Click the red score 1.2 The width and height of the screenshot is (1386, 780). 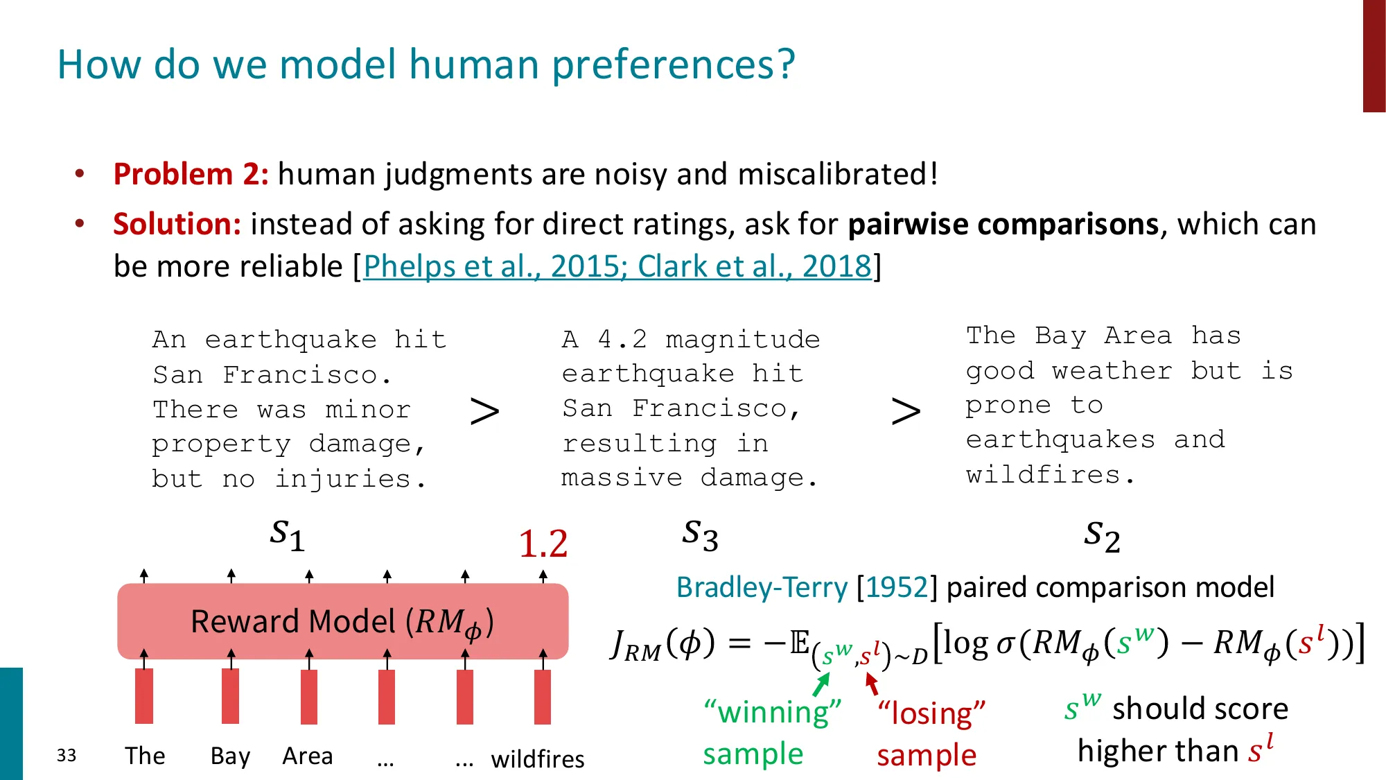click(543, 544)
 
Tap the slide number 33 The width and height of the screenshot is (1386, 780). click(67, 755)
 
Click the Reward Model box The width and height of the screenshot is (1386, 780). click(342, 621)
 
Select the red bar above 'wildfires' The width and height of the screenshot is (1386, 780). click(543, 696)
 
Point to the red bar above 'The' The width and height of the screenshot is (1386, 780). click(144, 696)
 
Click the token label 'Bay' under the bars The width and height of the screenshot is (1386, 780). click(230, 756)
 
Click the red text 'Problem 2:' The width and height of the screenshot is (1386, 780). click(191, 174)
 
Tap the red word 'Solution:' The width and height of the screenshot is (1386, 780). click(177, 224)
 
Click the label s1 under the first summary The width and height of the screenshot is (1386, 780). click(287, 535)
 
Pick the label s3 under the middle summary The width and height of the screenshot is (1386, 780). click(700, 535)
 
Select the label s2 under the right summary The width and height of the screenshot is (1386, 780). click(1102, 536)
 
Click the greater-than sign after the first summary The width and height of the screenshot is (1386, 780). click(484, 412)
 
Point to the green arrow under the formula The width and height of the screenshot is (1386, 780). click(821, 685)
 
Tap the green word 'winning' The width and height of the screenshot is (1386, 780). click(773, 713)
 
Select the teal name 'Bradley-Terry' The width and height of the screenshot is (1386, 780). click(761, 587)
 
